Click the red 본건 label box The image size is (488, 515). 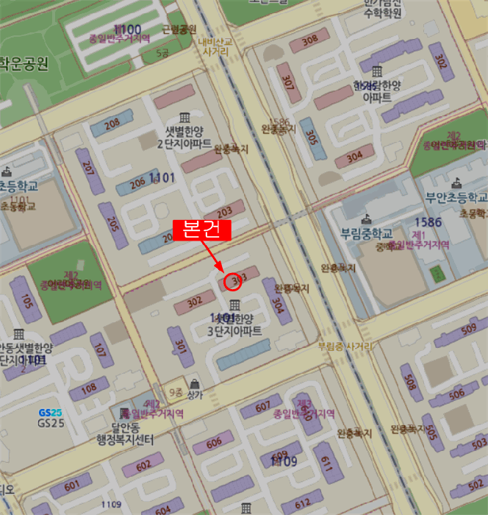point(201,230)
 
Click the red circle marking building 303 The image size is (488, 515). point(233,280)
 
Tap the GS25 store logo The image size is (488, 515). point(50,413)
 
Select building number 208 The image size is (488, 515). point(112,124)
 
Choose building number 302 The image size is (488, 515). point(195,301)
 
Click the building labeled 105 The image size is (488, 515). point(27,302)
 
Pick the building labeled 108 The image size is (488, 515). point(88,388)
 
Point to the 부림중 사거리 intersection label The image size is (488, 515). point(345,345)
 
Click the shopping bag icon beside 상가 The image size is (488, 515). point(194,383)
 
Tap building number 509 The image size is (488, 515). point(468,328)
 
